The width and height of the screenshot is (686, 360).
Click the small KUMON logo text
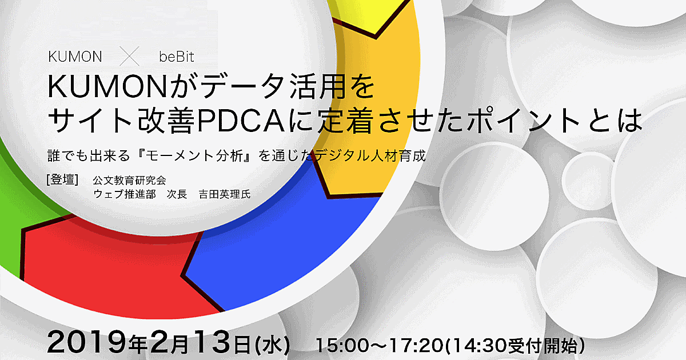pyautogui.click(x=75, y=57)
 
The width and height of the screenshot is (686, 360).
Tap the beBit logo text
pyautogui.click(x=177, y=57)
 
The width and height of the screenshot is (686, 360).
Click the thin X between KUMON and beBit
pyautogui.click(x=129, y=57)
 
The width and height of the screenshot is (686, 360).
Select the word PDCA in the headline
pyautogui.click(x=241, y=121)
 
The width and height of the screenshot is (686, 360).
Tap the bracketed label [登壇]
pyautogui.click(x=62, y=179)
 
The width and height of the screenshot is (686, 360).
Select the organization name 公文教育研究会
pyautogui.click(x=130, y=181)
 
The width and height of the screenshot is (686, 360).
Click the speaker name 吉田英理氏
pyautogui.click(x=225, y=194)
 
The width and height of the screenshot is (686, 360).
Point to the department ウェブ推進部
pyautogui.click(x=125, y=194)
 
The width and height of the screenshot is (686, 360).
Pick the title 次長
pyautogui.click(x=177, y=194)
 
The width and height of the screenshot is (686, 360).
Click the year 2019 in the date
pyautogui.click(x=87, y=342)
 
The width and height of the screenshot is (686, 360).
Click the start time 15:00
pyautogui.click(x=342, y=345)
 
